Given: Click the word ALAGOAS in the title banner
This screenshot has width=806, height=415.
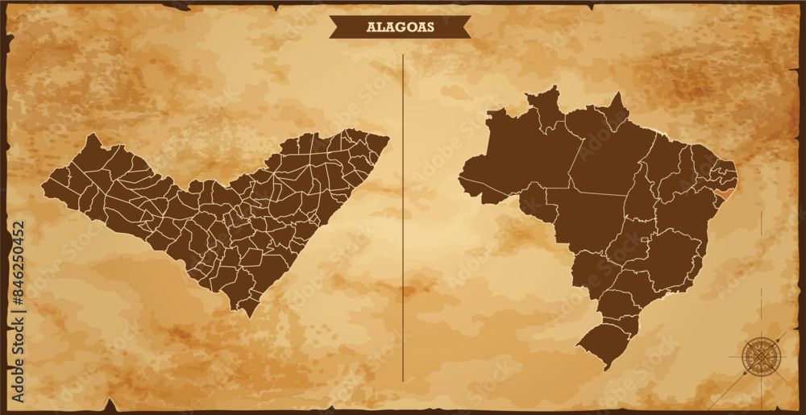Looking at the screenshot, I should coord(400,27).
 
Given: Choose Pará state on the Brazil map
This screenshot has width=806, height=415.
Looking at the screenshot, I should coord(604,153).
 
